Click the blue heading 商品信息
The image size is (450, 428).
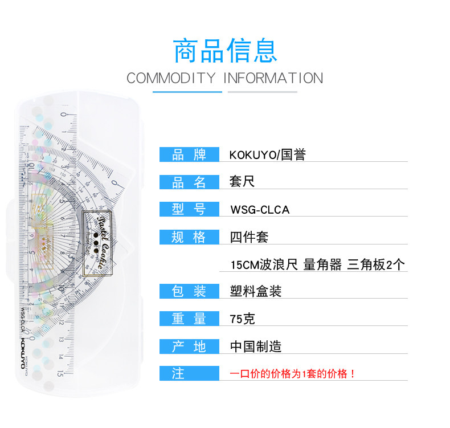pyautogui.click(x=225, y=51)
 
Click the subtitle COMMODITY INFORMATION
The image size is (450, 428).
pyautogui.click(x=225, y=78)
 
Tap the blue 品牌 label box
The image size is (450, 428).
pyautogui.click(x=189, y=154)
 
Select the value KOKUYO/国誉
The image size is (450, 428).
pyautogui.click(x=268, y=154)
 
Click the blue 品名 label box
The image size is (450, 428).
pyautogui.click(x=189, y=182)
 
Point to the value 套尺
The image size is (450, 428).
pyautogui.click(x=242, y=181)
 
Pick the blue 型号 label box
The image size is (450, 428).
pyautogui.click(x=189, y=209)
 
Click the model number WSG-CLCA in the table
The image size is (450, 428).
pyautogui.click(x=260, y=210)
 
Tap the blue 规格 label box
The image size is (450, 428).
pyautogui.click(x=189, y=237)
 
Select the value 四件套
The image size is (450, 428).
pyautogui.click(x=249, y=238)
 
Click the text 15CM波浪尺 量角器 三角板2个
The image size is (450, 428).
pyautogui.click(x=318, y=264)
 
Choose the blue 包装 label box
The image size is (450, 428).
pyautogui.click(x=189, y=291)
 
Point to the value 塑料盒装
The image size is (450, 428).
pyautogui.click(x=256, y=291)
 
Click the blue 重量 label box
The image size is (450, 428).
pyautogui.click(x=189, y=319)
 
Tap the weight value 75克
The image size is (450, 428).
pyautogui.click(x=242, y=319)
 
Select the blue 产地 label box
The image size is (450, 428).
pyautogui.click(x=189, y=346)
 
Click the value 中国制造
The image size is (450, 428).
pyautogui.click(x=256, y=347)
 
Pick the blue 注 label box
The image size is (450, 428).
pyautogui.click(x=189, y=373)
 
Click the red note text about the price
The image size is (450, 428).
pyautogui.click(x=292, y=374)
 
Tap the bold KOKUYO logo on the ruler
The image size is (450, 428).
pyautogui.click(x=23, y=353)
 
